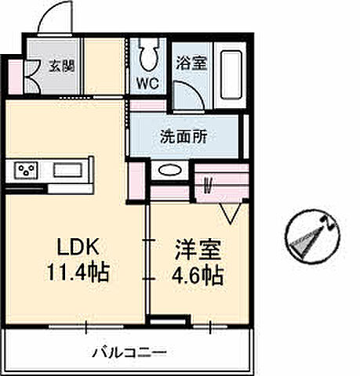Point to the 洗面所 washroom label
coord(184,135)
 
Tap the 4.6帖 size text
coord(196,275)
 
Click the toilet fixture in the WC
coord(147,55)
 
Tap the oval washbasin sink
coord(168,170)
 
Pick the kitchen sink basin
coord(71,169)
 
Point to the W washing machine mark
coord(209,186)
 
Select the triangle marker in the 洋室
coord(231,212)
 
